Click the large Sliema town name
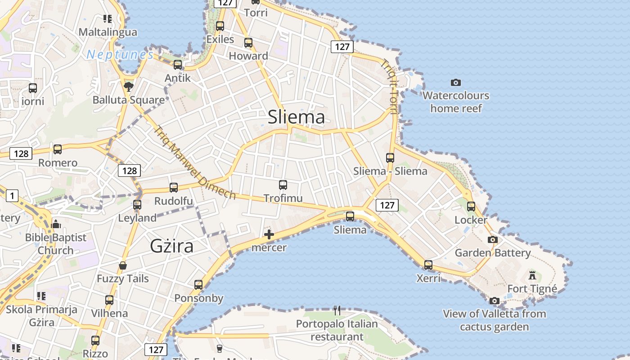pyautogui.click(x=296, y=117)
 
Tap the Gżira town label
pyautogui.click(x=171, y=246)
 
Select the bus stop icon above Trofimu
pyautogui.click(x=283, y=184)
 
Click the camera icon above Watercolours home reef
pyautogui.click(x=455, y=82)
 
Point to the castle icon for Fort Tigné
pyautogui.click(x=532, y=275)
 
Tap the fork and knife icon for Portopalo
pyautogui.click(x=337, y=310)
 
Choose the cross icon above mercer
pyautogui.click(x=269, y=234)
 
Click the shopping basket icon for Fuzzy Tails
pyautogui.click(x=122, y=265)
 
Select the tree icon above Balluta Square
pyautogui.click(x=129, y=86)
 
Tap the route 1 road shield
pyautogui.click(x=12, y=195)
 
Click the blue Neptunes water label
pyautogui.click(x=120, y=55)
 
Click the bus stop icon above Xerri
pyautogui.click(x=428, y=265)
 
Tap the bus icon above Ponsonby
pyautogui.click(x=198, y=284)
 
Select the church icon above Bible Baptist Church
pyautogui.click(x=56, y=224)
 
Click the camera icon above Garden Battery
pyautogui.click(x=493, y=239)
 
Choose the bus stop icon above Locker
pyautogui.click(x=471, y=207)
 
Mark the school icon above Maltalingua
pyautogui.click(x=107, y=19)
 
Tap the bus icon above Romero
pyautogui.click(x=58, y=149)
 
